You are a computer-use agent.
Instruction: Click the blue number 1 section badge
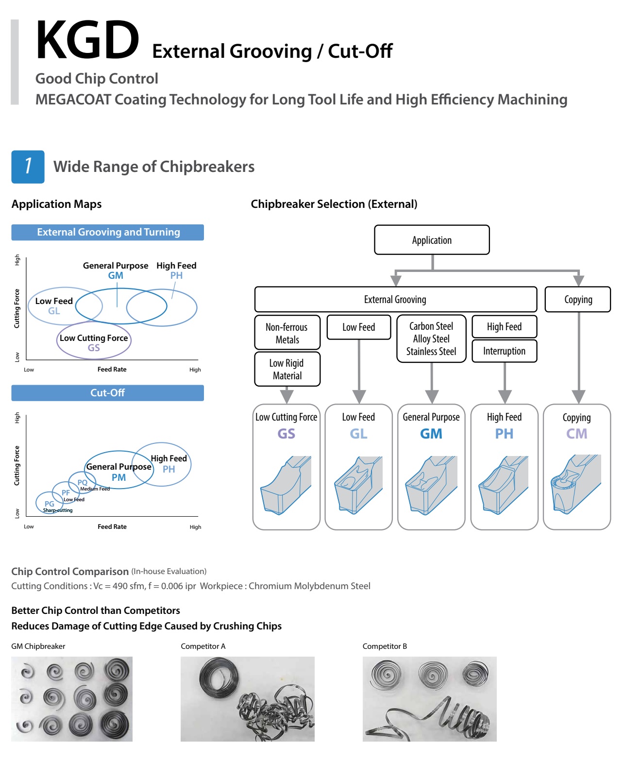pyautogui.click(x=28, y=167)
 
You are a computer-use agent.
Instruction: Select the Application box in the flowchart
pyautogui.click(x=432, y=240)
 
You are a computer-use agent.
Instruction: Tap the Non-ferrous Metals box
pyautogui.click(x=287, y=333)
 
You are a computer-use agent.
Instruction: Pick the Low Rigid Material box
pyautogui.click(x=287, y=369)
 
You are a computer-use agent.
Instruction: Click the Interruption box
pyautogui.click(x=504, y=351)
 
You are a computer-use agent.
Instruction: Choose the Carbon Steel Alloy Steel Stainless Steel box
pyautogui.click(x=431, y=339)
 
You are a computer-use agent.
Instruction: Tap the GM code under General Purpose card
pyautogui.click(x=431, y=434)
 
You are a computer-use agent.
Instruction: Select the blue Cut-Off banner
pyautogui.click(x=107, y=393)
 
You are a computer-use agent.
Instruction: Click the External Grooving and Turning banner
pyautogui.click(x=107, y=232)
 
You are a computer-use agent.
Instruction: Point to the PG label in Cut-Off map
pyautogui.click(x=50, y=504)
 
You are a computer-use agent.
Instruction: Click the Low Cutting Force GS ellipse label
pyautogui.click(x=94, y=342)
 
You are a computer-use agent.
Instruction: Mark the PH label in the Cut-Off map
pyautogui.click(x=169, y=469)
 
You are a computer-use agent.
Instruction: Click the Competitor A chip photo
pyautogui.click(x=247, y=699)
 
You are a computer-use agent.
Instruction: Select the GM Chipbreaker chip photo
pyautogui.click(x=72, y=699)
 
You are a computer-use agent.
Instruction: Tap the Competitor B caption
pyautogui.click(x=385, y=646)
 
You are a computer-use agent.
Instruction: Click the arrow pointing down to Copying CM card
pyautogui.click(x=578, y=396)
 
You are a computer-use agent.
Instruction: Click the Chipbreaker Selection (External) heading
pyautogui.click(x=334, y=204)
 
